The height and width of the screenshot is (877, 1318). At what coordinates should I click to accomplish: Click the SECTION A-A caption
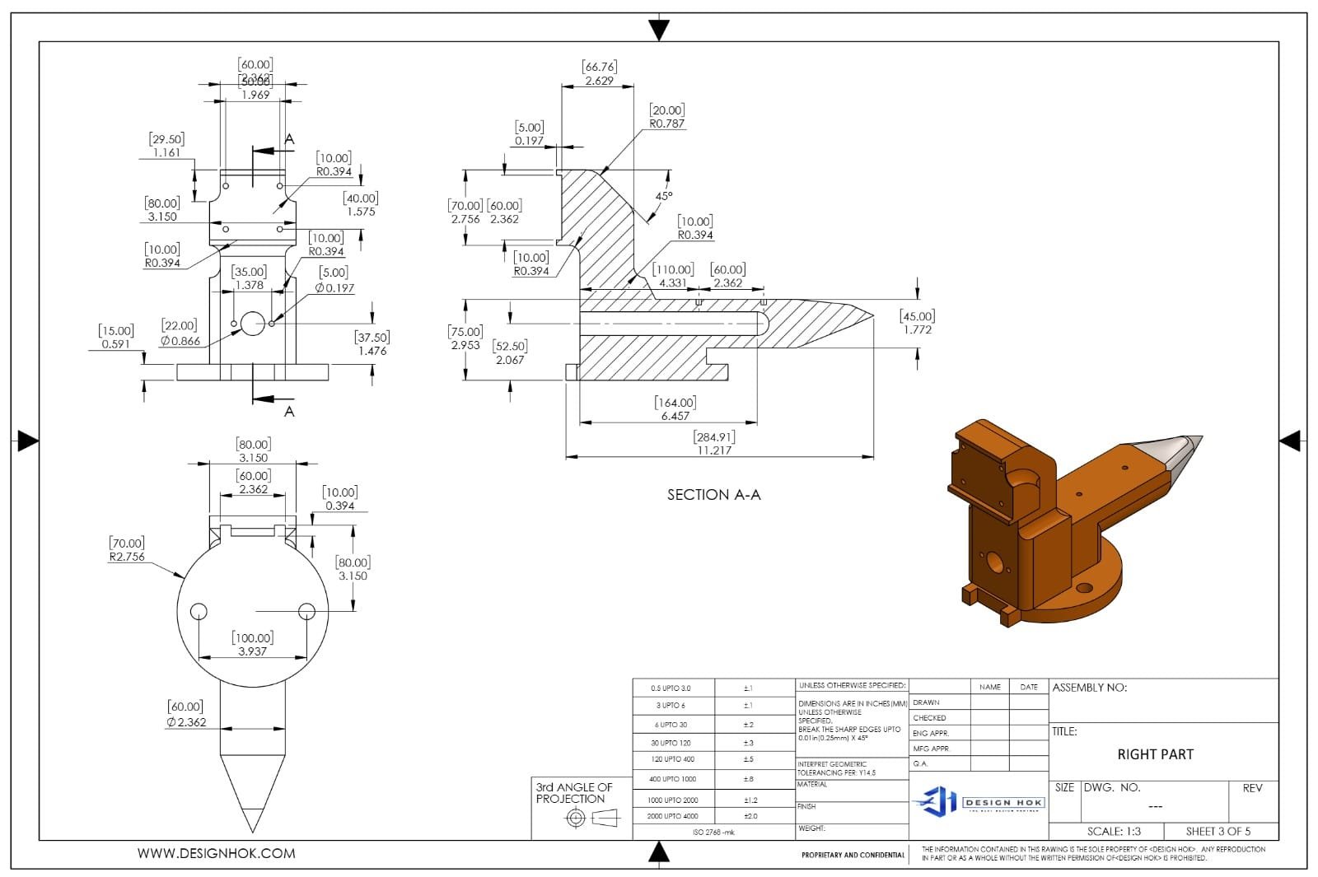coord(713,495)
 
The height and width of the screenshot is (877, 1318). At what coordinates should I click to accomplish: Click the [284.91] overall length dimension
coord(714,444)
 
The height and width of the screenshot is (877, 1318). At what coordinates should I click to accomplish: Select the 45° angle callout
coord(664,196)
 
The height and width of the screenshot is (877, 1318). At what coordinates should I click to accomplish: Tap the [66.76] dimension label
coord(599,73)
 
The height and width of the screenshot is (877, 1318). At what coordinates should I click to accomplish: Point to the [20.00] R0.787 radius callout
coord(666,117)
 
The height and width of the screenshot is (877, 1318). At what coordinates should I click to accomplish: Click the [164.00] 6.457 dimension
coord(675,409)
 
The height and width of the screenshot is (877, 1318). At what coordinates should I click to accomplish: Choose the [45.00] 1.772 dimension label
coord(917,323)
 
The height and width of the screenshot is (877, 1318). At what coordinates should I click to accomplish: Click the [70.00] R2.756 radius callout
coord(126,549)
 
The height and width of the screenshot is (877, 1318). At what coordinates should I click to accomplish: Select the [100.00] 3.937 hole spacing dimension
coord(253,644)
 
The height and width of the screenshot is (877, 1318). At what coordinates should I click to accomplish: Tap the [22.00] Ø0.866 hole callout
coord(180,333)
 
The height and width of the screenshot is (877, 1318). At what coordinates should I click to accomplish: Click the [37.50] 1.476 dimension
coord(372,343)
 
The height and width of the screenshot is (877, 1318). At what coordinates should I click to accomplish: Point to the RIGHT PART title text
coord(1155,754)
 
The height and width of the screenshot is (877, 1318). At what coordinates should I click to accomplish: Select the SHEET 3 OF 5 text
coord(1218,831)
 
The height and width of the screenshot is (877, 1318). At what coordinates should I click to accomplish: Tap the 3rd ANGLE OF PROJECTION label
coord(574,793)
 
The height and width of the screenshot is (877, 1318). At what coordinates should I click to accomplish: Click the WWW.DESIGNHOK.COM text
coord(216,854)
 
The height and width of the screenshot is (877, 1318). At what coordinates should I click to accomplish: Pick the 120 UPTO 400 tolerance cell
coord(672,759)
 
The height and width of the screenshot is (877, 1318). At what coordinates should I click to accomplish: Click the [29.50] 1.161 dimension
coord(166,146)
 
